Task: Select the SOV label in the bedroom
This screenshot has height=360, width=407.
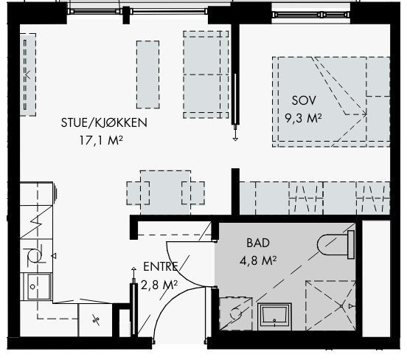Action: (303, 100)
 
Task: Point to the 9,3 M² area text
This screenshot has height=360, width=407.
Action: (303, 116)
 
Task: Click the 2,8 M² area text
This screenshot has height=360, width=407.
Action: (159, 283)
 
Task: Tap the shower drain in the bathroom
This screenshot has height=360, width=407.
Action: (341, 305)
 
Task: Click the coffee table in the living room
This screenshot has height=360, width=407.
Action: (147, 72)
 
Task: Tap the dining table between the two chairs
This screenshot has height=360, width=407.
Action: (166, 189)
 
